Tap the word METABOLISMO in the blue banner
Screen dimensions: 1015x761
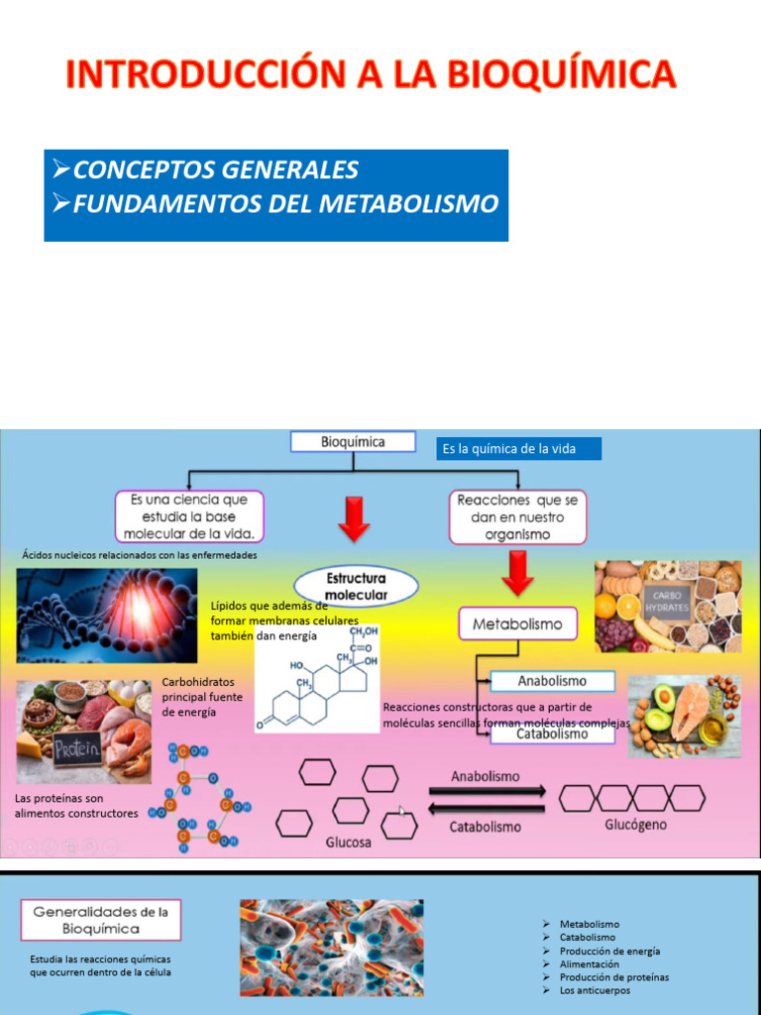coord(409,204)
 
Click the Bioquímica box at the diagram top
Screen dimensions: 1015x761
coord(353,443)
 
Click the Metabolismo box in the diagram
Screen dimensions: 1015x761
coord(516,624)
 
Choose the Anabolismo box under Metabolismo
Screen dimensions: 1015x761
coord(552,681)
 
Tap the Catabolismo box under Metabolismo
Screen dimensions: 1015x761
coord(552,734)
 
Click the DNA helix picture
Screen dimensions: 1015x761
coord(106,615)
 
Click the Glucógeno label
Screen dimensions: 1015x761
coord(635,825)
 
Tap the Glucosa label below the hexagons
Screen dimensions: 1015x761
coord(349,843)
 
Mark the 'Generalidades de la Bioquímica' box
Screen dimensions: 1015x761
coord(101,920)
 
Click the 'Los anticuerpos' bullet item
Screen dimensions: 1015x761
coord(595,990)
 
